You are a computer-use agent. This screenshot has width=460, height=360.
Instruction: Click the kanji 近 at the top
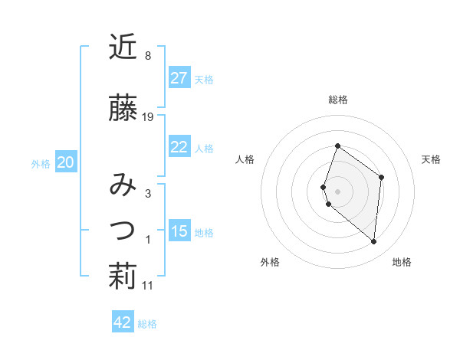pos(122,47)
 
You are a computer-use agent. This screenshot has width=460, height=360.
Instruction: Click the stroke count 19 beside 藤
pos(149,117)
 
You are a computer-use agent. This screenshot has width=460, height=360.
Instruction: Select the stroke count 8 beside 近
pos(147,56)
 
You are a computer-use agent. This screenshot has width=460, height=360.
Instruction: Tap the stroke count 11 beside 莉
pos(148,286)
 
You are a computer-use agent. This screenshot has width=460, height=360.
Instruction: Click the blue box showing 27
pos(179,77)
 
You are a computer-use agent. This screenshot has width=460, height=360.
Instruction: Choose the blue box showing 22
pos(179,147)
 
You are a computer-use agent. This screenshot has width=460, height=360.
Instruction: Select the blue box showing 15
pos(179,231)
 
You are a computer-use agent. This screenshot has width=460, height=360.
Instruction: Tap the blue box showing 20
pos(66,162)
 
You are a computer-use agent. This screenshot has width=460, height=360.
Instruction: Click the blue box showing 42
pos(123,322)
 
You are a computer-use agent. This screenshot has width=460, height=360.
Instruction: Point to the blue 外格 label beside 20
pos(41,163)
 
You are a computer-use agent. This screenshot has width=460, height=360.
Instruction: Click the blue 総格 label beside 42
pos(147,324)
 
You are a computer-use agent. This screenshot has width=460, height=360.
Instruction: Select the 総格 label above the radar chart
pos(337,100)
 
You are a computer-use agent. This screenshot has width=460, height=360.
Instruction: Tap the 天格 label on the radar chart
pos(431,159)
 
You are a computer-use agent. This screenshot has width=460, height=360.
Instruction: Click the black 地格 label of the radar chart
pos(402,262)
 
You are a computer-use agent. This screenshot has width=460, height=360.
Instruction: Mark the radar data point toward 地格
pos(374,242)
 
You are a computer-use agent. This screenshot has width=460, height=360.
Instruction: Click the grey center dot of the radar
pos(337,190)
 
